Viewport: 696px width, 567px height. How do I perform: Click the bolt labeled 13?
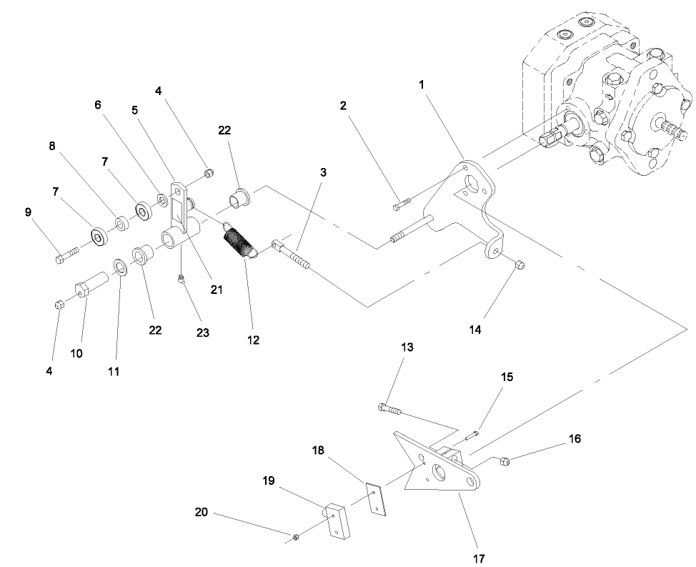[x=390, y=409]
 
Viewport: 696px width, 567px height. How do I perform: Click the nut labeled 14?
[x=519, y=265]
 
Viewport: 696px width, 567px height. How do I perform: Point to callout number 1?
[x=421, y=84]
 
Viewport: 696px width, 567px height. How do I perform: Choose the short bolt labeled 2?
[x=399, y=206]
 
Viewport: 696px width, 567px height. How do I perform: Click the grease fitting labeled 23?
[x=182, y=280]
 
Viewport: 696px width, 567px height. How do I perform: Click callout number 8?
[x=51, y=145]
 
